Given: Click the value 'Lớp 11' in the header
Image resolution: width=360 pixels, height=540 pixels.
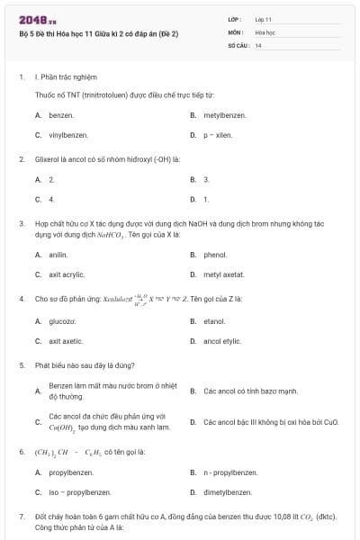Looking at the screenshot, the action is pyautogui.click(x=263, y=19).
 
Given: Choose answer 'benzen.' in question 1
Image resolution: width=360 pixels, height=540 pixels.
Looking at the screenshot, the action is pyautogui.click(x=61, y=115).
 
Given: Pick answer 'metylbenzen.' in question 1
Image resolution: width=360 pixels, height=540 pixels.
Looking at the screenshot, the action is pyautogui.click(x=223, y=115).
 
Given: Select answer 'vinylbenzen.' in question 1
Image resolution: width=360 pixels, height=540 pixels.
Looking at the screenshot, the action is pyautogui.click(x=68, y=135).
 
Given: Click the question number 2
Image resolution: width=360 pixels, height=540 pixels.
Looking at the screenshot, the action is pyautogui.click(x=22, y=159).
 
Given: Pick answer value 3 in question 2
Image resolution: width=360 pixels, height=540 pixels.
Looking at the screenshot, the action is pyautogui.click(x=206, y=179).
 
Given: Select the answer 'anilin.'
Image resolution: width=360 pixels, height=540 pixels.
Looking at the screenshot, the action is pyautogui.click(x=58, y=255).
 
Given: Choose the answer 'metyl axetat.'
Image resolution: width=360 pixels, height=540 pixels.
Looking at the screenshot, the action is pyautogui.click(x=224, y=274).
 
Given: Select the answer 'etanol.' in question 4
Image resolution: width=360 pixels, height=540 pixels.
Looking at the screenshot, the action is pyautogui.click(x=214, y=321).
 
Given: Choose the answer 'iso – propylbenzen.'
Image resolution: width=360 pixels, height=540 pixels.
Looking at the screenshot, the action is pyautogui.click(x=80, y=492).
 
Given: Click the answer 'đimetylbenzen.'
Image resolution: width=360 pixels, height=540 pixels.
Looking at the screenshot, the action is pyautogui.click(x=228, y=492).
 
